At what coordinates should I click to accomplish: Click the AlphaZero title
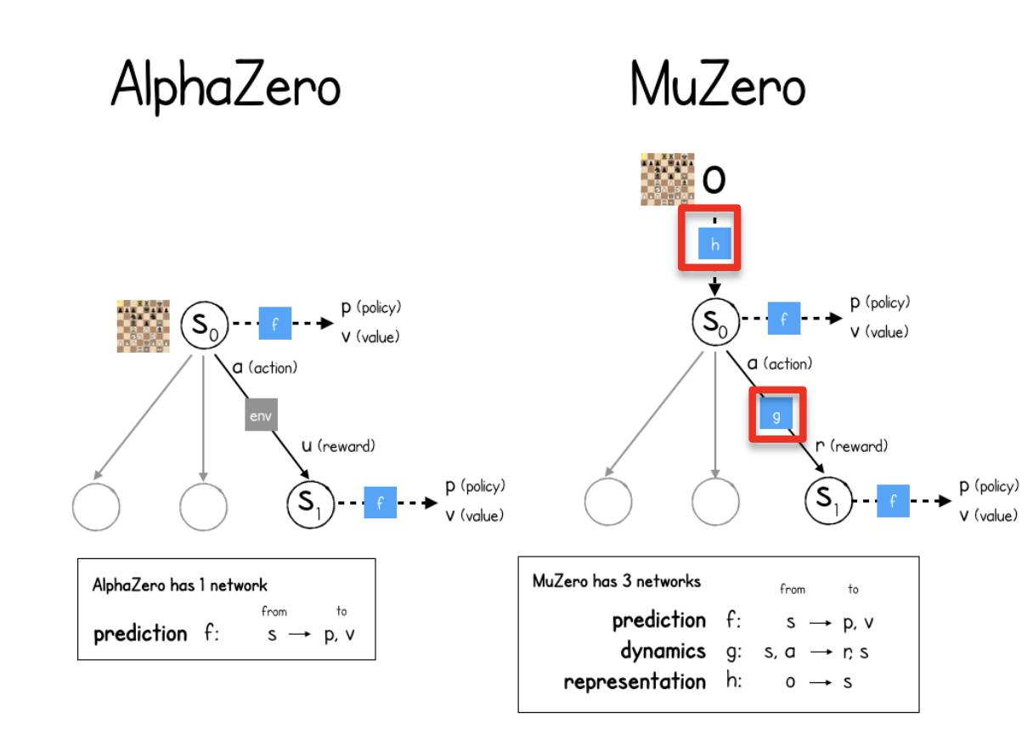[226, 86]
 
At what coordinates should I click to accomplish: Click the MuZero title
[718, 86]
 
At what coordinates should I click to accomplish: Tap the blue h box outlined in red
[714, 245]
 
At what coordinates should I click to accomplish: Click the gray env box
[262, 415]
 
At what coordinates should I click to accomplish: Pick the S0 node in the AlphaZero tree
[204, 327]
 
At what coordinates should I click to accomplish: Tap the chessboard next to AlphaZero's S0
[143, 326]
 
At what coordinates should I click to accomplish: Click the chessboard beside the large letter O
[667, 179]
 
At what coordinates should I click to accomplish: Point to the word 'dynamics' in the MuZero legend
[663, 652]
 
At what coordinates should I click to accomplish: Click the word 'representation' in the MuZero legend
[635, 681]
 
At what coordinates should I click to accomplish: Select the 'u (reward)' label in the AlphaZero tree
[338, 445]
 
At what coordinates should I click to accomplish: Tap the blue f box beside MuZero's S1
[893, 501]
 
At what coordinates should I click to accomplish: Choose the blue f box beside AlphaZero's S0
[274, 324]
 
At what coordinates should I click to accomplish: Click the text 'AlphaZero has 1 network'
[179, 585]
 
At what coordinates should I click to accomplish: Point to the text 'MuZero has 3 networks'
[617, 581]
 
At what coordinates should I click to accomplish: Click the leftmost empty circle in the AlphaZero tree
[96, 507]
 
